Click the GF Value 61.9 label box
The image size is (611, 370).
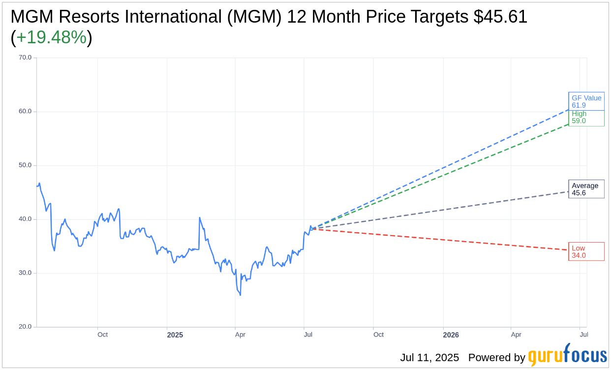tap(586, 101)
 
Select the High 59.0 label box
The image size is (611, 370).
tap(586, 118)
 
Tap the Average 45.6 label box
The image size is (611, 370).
tap(586, 189)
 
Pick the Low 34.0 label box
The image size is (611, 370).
tap(586, 251)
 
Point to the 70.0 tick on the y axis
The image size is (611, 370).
tap(25, 58)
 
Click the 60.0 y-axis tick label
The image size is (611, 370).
tap(25, 111)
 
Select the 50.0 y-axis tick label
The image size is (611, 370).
tap(25, 165)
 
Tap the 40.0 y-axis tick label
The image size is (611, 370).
tap(25, 219)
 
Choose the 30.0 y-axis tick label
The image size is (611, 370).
tap(25, 273)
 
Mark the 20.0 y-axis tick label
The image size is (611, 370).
tap(25, 327)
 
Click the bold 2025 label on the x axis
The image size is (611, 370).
tap(175, 335)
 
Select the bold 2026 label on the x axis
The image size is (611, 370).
tap(451, 335)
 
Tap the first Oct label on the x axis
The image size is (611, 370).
tap(102, 335)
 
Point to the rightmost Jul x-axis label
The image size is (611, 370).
tap(584, 335)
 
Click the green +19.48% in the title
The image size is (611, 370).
tap(51, 38)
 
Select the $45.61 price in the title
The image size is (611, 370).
tap(500, 17)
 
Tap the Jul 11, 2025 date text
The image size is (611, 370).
tap(429, 358)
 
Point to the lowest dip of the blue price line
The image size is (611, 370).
tap(240, 295)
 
